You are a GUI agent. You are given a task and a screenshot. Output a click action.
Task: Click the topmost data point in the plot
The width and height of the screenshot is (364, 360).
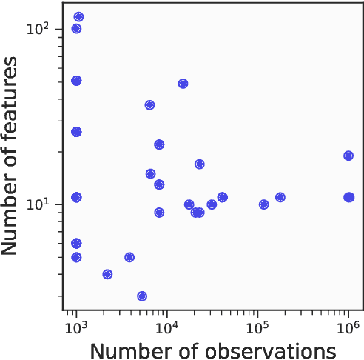click(78, 17)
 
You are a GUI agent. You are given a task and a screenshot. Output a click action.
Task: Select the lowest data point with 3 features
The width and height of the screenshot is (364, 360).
click(142, 296)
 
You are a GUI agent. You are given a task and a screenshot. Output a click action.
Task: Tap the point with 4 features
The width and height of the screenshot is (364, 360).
click(107, 274)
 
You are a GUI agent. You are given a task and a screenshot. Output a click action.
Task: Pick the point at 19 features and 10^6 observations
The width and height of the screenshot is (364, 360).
click(348, 156)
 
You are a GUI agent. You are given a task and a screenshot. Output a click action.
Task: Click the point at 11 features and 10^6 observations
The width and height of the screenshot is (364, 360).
click(348, 197)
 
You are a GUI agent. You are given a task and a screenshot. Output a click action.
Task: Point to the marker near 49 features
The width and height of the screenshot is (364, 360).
click(183, 84)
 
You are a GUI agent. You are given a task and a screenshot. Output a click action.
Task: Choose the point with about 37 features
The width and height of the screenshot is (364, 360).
click(149, 105)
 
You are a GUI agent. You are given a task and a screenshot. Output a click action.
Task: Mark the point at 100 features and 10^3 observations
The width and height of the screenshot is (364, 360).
click(76, 29)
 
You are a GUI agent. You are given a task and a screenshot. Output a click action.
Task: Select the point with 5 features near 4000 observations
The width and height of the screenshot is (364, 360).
click(129, 257)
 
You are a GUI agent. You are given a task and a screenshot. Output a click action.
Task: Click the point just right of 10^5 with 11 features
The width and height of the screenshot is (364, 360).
click(280, 197)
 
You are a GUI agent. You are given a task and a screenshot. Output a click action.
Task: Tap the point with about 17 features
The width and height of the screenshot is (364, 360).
click(199, 164)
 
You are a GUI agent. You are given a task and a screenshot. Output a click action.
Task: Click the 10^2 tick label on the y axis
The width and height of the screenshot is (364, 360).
click(38, 30)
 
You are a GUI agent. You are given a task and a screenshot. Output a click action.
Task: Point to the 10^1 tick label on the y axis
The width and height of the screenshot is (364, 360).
click(38, 204)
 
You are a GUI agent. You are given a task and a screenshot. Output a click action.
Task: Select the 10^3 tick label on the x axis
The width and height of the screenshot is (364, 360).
click(75, 327)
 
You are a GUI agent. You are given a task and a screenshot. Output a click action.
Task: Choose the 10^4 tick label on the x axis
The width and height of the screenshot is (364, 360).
click(166, 327)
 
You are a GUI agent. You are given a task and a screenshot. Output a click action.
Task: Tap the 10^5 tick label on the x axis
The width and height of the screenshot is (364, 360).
click(257, 327)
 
